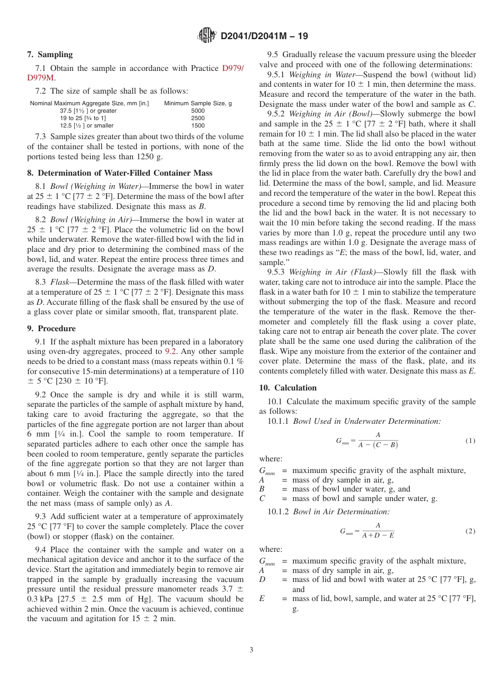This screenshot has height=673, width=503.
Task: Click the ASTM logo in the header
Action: click(206, 35)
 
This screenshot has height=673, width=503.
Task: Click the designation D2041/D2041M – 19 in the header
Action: click(264, 36)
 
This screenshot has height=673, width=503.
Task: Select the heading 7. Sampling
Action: click(50, 54)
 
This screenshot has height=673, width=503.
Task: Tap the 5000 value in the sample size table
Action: click(197, 111)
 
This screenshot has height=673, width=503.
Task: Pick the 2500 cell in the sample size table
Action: click(197, 119)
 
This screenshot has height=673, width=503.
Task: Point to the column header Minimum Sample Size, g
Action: click(197, 103)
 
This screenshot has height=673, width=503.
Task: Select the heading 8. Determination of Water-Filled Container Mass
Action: click(120, 172)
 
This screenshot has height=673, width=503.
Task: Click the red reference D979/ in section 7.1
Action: click(232, 68)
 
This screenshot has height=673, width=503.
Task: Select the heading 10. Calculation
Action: click(288, 388)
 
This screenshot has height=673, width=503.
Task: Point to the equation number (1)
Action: click(470, 440)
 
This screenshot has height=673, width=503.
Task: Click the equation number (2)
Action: click(470, 531)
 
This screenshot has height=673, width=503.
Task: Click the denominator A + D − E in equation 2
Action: click(378, 535)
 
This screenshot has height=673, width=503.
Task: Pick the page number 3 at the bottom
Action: click(251, 650)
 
